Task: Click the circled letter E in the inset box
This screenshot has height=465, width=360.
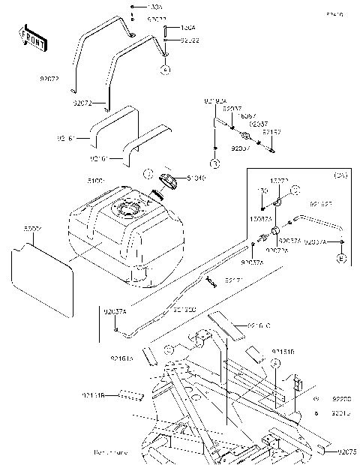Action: point(341,259)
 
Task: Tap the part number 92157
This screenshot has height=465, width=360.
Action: point(271,131)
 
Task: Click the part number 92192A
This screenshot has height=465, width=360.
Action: point(214,100)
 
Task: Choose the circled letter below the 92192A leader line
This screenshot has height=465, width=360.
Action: point(214,163)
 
